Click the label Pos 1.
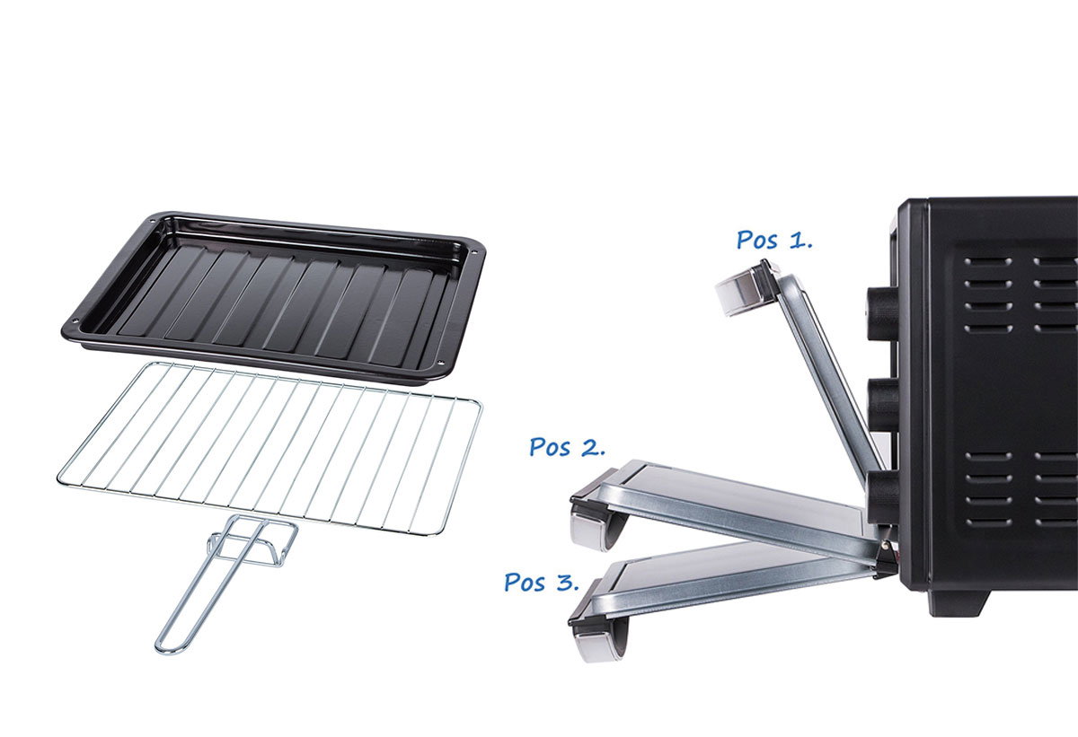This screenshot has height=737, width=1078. tap(774, 240)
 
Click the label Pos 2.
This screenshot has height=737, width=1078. tap(567, 447)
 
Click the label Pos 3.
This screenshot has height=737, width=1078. tap(542, 583)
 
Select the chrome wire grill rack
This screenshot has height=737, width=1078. tap(269, 450)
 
